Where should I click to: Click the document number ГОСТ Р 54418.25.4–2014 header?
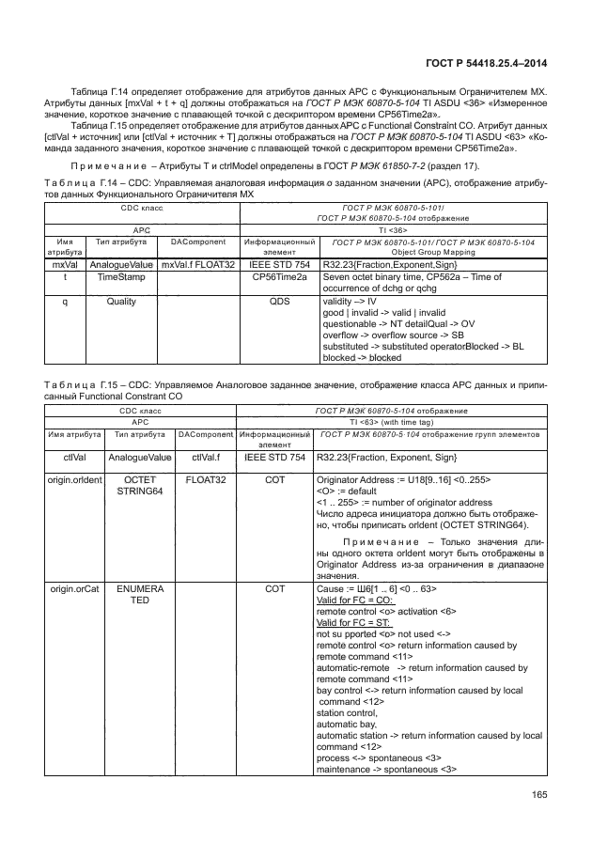pyautogui.click(x=486, y=65)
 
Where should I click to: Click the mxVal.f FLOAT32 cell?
pyautogui.click(x=197, y=265)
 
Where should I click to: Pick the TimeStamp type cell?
pyautogui.click(x=119, y=279)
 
